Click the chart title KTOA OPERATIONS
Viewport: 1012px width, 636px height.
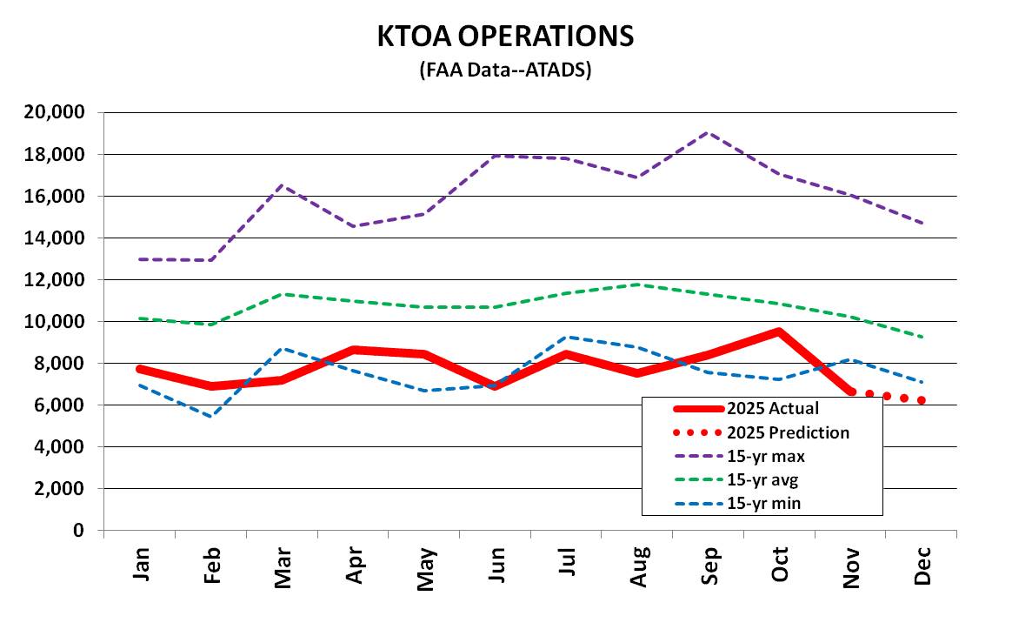pyautogui.click(x=505, y=37)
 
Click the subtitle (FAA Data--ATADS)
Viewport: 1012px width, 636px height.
pyautogui.click(x=505, y=69)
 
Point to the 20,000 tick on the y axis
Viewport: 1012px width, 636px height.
pyautogui.click(x=54, y=112)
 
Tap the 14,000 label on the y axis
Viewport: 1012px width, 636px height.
pyautogui.click(x=54, y=238)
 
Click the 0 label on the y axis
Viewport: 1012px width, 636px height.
pyautogui.click(x=79, y=530)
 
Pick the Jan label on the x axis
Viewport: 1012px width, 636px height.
pyautogui.click(x=141, y=564)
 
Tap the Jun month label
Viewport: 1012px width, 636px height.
pyautogui.click(x=496, y=565)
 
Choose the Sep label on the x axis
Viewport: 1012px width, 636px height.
pyautogui.click(x=709, y=566)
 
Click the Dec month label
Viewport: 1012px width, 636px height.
pyautogui.click(x=922, y=566)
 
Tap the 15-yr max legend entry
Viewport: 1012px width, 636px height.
pyautogui.click(x=740, y=457)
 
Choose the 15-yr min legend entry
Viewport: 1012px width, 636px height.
pyautogui.click(x=738, y=503)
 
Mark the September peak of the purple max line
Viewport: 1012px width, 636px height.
pyautogui.click(x=708, y=132)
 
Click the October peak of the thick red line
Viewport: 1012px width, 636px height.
pyautogui.click(x=779, y=331)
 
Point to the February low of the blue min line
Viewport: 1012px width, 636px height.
pyautogui.click(x=211, y=417)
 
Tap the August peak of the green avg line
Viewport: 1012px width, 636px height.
pyautogui.click(x=637, y=285)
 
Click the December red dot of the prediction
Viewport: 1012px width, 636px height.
pyautogui.click(x=922, y=400)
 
